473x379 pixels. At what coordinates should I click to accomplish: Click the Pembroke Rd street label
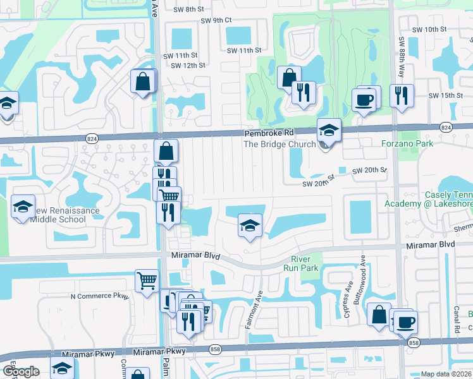269,133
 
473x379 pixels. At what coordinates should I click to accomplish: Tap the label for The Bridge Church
279,144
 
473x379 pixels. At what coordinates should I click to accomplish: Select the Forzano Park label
408,143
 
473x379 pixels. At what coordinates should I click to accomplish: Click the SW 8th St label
188,9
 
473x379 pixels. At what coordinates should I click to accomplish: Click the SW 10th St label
429,30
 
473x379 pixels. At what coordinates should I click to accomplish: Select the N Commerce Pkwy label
99,296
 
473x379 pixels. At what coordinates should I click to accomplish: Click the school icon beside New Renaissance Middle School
23,207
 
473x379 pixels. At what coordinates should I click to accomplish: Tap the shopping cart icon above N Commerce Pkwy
147,280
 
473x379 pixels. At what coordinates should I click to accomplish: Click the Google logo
21,371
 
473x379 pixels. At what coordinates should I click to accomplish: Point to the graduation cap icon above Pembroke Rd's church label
329,131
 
